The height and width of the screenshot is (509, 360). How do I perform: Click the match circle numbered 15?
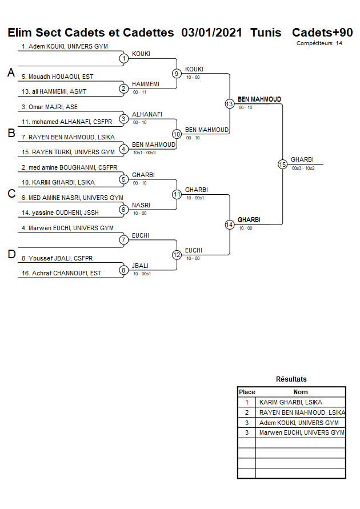coord(282,164)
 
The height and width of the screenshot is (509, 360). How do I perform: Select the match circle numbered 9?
coord(177,73)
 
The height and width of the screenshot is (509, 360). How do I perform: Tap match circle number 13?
coord(229,103)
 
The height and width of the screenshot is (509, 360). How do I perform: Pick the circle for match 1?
coord(123,58)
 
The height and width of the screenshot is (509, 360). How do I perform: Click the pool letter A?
coord(11,73)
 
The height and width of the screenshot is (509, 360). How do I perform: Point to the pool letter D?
coord(11,254)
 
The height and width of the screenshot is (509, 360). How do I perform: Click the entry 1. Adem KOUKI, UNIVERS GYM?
coord(65,46)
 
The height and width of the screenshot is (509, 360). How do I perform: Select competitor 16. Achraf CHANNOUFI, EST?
coord(61,273)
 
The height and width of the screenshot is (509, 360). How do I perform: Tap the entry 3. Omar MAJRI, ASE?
coord(49,107)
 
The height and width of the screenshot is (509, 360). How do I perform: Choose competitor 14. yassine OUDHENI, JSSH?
coord(60,213)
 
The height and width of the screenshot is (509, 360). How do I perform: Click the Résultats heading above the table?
coord(291,379)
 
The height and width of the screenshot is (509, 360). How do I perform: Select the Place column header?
coord(247,392)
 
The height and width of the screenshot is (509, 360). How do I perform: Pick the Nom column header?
coord(301,392)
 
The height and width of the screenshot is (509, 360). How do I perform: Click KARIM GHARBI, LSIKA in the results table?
coord(290,402)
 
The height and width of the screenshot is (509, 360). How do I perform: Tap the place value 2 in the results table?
coord(247,412)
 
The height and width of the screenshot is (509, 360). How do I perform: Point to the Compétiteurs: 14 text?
coord(319,43)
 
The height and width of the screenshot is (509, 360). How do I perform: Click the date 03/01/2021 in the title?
coord(211,33)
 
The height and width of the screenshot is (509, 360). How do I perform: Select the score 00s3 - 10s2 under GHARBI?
coord(303,168)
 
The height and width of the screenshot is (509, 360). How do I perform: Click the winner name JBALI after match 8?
coord(139,266)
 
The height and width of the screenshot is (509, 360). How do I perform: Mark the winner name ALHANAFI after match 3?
coord(147,114)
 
